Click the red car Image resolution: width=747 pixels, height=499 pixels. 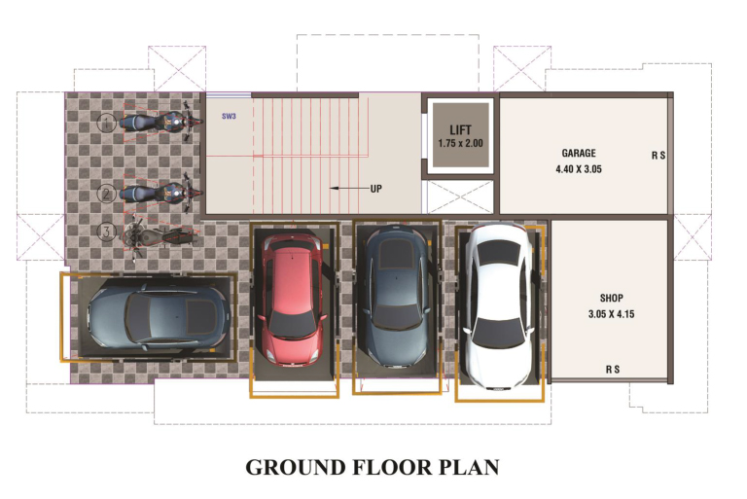pyautogui.click(x=291, y=300)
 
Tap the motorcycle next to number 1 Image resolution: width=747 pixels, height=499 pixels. pyautogui.click(x=161, y=123)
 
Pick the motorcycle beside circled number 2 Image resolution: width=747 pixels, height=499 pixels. pyautogui.click(x=161, y=194)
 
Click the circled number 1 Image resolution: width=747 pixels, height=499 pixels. pyautogui.click(x=107, y=123)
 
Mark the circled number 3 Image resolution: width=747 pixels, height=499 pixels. pyautogui.click(x=106, y=232)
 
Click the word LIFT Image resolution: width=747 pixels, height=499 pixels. pyautogui.click(x=461, y=130)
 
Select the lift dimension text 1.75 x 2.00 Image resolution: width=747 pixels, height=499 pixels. pyautogui.click(x=461, y=143)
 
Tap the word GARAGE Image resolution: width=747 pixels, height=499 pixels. pyautogui.click(x=579, y=153)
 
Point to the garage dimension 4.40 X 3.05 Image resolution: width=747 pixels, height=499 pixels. pyautogui.click(x=579, y=169)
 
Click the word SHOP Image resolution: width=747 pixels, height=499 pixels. pyautogui.click(x=611, y=299)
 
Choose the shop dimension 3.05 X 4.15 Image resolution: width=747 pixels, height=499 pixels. pyautogui.click(x=611, y=314)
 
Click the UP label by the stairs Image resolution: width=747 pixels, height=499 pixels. pyautogui.click(x=375, y=189)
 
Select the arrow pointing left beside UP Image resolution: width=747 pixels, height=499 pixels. pyautogui.click(x=349, y=189)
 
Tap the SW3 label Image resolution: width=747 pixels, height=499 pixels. pyautogui.click(x=229, y=117)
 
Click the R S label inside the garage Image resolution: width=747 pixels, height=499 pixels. pyautogui.click(x=658, y=156)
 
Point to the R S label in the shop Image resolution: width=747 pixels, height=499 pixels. pyautogui.click(x=613, y=370)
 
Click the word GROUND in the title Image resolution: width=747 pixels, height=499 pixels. pyautogui.click(x=296, y=467)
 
